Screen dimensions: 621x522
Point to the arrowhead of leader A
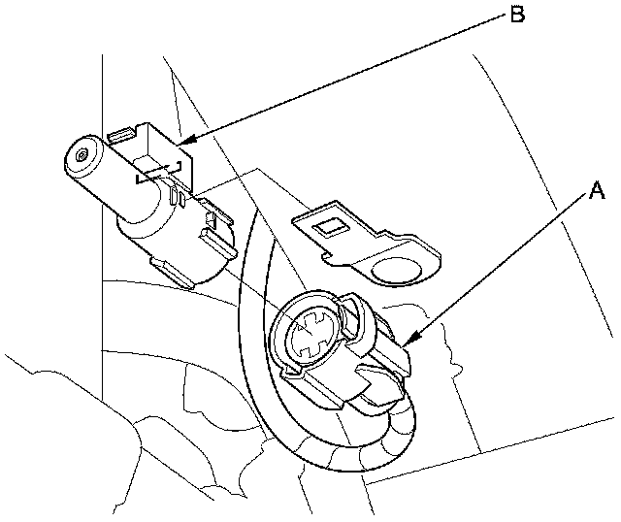406,343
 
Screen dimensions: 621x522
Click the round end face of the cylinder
82,155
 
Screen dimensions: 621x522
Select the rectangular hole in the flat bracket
332,228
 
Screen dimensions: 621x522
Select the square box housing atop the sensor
155,155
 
